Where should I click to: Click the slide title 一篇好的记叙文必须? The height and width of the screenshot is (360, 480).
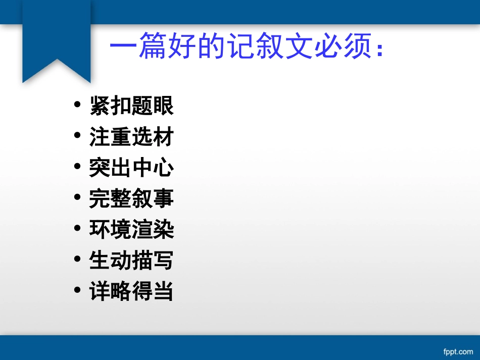[247, 48]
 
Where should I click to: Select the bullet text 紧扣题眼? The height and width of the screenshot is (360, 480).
[131, 106]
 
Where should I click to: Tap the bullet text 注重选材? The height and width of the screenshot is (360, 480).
[131, 137]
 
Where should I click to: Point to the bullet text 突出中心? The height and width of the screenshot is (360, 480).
[131, 168]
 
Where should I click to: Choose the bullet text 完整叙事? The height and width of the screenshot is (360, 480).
[131, 199]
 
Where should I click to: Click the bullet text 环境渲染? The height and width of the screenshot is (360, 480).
[131, 230]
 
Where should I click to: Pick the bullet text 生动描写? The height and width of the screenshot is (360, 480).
[131, 261]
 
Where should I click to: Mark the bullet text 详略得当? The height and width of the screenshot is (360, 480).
[131, 292]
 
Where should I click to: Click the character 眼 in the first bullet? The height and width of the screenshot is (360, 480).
[163, 106]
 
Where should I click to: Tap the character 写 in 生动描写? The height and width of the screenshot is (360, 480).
[163, 261]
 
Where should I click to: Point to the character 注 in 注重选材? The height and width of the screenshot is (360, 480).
[100, 137]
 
